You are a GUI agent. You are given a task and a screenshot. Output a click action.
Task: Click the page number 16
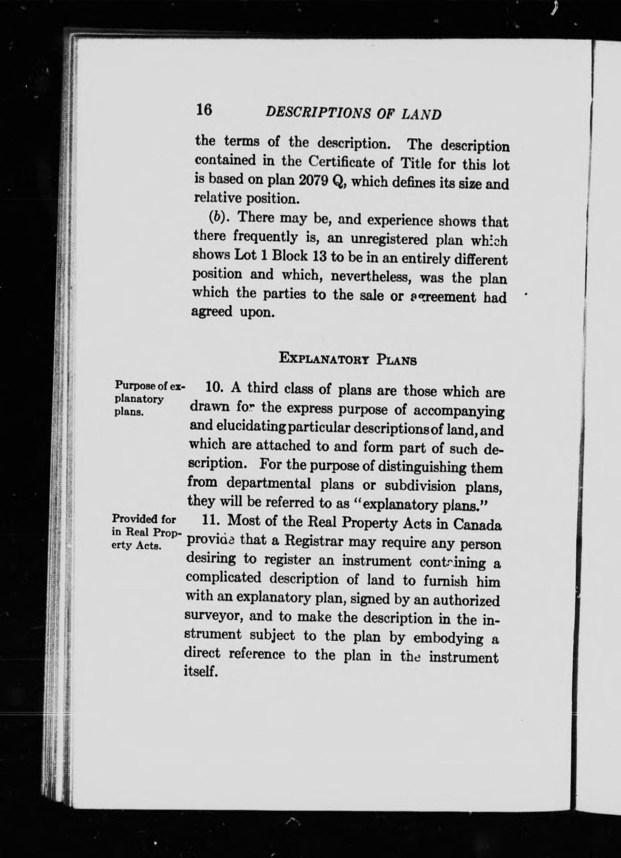(x=204, y=109)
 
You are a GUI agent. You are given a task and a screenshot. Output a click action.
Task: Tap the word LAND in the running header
(x=422, y=115)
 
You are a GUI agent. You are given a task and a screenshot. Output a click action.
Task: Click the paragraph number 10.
(x=214, y=388)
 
